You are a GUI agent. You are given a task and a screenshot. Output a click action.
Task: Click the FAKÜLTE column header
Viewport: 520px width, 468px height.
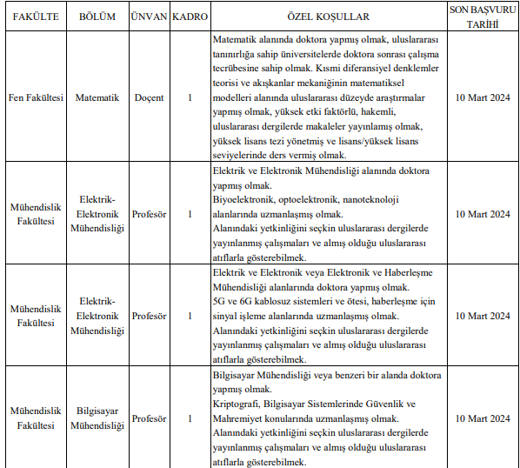(x=35, y=17)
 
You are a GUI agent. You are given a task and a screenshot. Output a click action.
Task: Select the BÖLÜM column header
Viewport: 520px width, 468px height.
(x=97, y=17)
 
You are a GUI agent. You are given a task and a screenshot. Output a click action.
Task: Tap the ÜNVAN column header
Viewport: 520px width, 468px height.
(x=149, y=17)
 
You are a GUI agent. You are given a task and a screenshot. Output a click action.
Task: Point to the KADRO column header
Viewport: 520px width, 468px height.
(x=190, y=17)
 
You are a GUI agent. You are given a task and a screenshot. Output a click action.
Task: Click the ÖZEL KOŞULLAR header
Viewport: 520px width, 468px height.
(x=328, y=17)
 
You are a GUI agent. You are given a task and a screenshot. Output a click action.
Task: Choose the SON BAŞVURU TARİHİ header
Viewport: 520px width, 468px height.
(x=482, y=17)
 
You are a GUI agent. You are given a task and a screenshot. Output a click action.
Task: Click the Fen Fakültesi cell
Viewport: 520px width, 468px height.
(x=35, y=97)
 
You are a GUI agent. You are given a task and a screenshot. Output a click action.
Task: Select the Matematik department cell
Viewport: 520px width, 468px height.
(x=97, y=97)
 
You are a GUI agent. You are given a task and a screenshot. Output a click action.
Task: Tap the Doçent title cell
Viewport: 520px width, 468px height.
(x=149, y=97)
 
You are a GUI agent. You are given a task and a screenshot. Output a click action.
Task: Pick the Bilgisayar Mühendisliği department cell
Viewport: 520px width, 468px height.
(x=97, y=418)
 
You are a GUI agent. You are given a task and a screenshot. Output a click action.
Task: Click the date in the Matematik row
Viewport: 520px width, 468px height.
(x=482, y=97)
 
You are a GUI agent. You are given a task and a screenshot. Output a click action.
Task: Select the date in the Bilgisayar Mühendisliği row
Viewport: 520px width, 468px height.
(x=482, y=418)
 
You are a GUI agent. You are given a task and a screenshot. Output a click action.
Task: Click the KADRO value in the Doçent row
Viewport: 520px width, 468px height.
(x=190, y=97)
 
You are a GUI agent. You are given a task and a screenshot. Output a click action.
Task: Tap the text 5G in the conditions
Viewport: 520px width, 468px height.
(x=219, y=302)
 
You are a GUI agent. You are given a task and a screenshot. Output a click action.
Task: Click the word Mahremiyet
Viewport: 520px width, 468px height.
(x=241, y=418)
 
